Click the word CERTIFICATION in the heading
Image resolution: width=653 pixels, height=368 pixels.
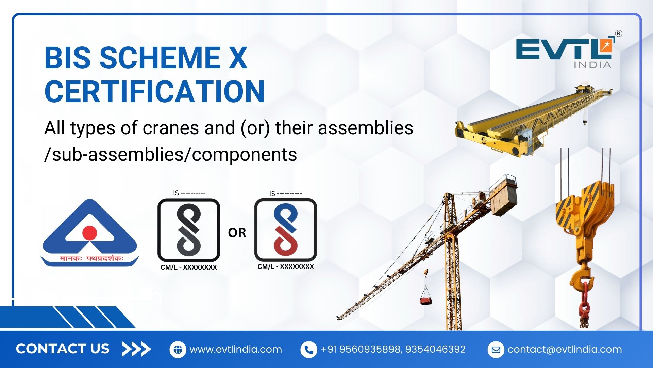point(155,91)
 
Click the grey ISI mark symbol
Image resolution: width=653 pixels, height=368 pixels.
point(189,230)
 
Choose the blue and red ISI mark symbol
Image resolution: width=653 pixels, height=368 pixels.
point(286,230)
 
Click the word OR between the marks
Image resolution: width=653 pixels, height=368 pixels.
point(237,233)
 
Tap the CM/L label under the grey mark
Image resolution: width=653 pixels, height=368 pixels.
point(189,267)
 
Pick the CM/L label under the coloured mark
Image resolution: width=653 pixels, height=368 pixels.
point(286,267)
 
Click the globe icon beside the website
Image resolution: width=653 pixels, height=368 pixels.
point(178,350)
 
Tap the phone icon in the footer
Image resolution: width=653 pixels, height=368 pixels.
point(309,350)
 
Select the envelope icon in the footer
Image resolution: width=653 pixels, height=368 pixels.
point(496,350)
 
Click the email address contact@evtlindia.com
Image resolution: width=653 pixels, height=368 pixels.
point(565,350)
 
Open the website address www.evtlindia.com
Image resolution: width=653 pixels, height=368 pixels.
point(236,350)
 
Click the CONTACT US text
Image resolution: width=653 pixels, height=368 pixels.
point(63,349)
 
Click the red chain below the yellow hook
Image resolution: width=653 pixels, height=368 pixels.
point(584,303)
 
